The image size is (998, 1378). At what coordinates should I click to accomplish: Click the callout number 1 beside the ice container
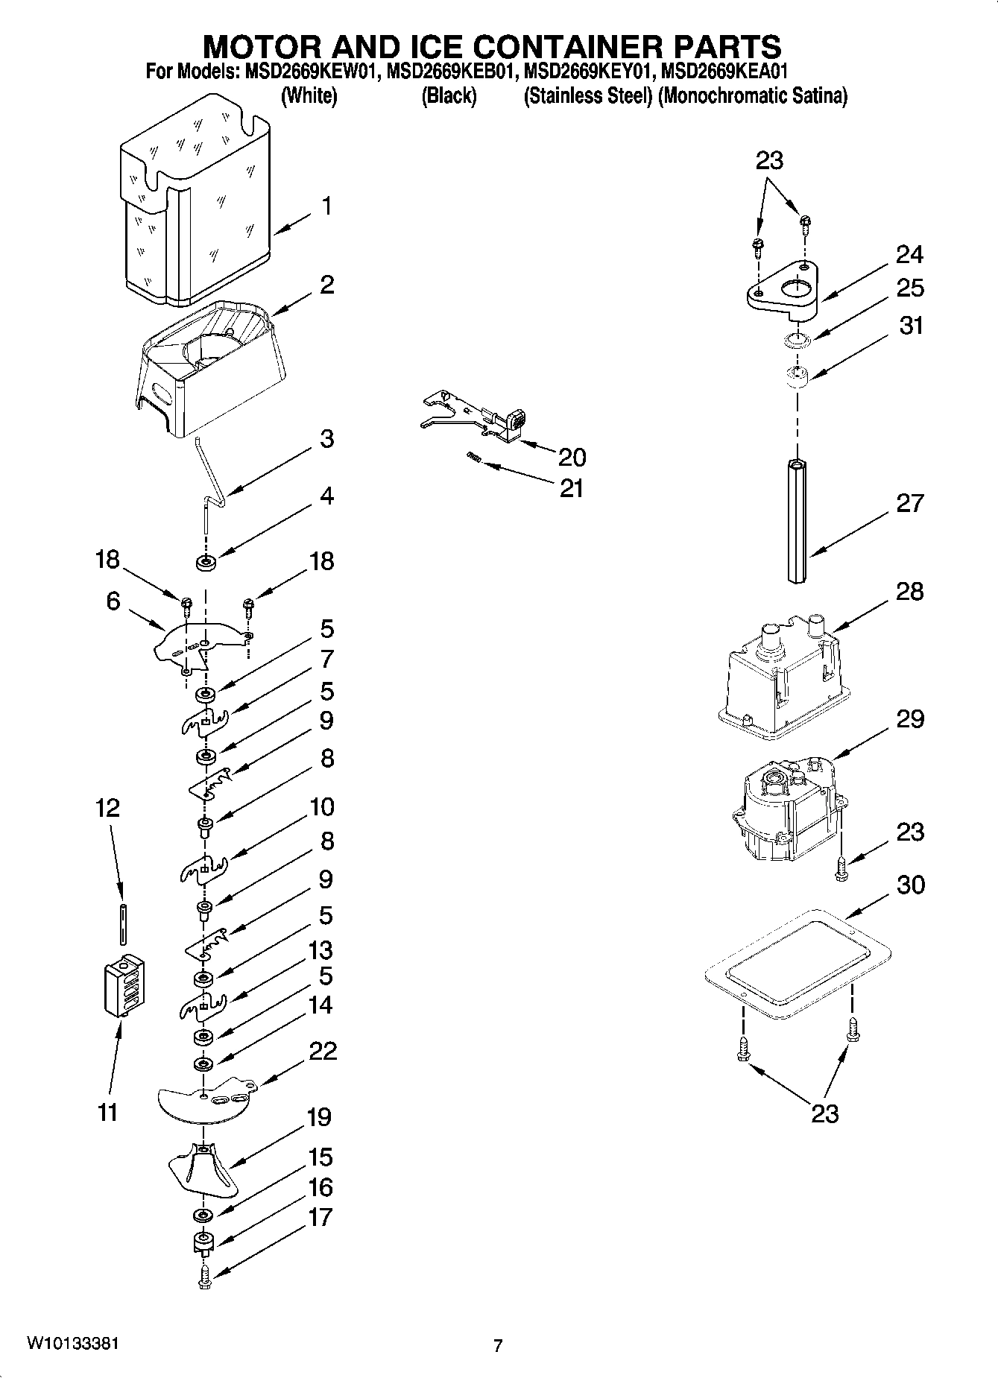pos(326,206)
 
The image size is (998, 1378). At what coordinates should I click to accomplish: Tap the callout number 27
pos(909,503)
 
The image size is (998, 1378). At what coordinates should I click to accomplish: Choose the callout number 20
pos(572,457)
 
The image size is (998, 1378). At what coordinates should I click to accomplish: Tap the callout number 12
pos(108,808)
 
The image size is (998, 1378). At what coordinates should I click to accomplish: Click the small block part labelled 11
pos(123,986)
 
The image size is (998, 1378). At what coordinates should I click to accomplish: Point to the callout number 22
pos(322,1052)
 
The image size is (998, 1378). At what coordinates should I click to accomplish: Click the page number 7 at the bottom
pos(498,1345)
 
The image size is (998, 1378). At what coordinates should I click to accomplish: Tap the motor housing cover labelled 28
pos(780,678)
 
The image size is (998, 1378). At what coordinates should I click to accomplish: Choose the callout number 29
pos(909,719)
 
